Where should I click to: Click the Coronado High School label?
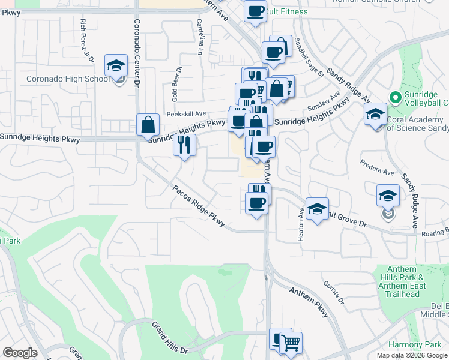[68, 79]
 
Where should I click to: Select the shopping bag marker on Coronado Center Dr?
[148, 125]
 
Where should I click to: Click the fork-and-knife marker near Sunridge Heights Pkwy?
[184, 145]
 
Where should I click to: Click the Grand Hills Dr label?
[170, 337]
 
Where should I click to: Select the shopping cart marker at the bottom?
[291, 343]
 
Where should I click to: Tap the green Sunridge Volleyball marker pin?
[394, 97]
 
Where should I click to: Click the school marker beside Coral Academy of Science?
[375, 115]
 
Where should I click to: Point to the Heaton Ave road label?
[301, 225]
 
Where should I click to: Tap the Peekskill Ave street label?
[187, 113]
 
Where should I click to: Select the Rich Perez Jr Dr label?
[88, 40]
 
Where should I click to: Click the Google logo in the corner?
[20, 353]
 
